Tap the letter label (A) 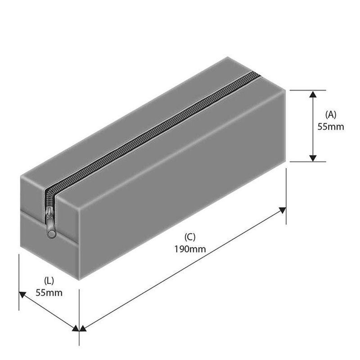pos(331,114)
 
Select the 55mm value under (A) pos(331,126)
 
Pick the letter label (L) pos(49,280)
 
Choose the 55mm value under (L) pos(49,293)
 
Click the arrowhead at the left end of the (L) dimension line pos(22,295)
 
